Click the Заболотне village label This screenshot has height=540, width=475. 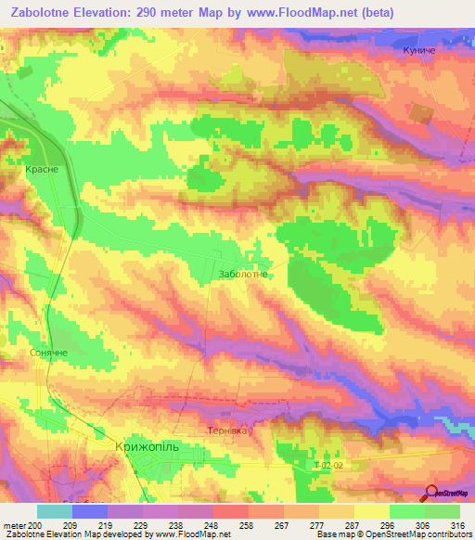[242, 274]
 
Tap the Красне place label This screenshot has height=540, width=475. [43, 170]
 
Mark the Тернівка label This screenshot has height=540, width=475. [227, 431]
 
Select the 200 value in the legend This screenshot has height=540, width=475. [35, 525]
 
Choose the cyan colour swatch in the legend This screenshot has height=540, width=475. [55, 511]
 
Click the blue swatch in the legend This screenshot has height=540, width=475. [90, 511]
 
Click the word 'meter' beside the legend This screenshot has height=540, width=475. [14, 525]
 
